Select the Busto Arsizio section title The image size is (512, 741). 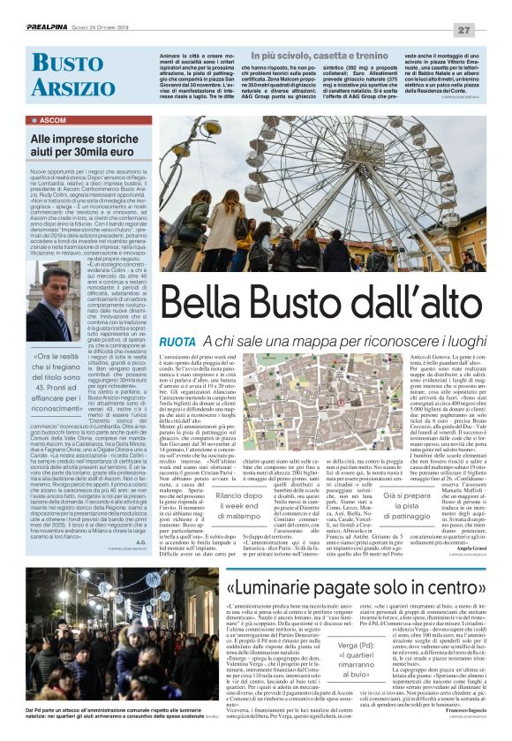coord(67,74)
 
